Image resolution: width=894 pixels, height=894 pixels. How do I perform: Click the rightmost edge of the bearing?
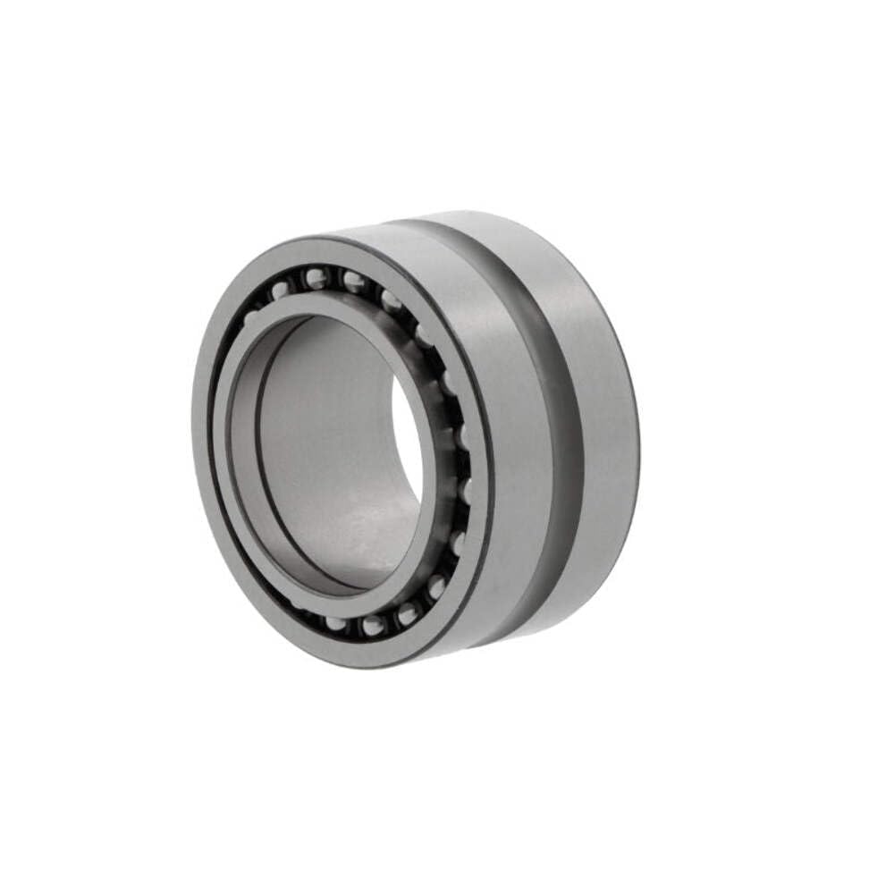coord(639,429)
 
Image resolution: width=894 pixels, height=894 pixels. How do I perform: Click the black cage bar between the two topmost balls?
coord(333,278)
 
